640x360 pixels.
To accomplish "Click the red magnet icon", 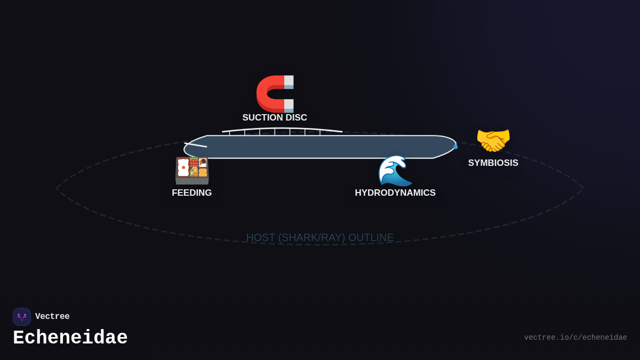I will click(274, 93).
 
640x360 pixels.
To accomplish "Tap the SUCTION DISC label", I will click(275, 118).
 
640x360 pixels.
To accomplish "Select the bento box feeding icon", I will click(192, 170).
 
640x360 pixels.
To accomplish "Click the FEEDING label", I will click(192, 193).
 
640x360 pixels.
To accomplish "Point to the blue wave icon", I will click(395, 170).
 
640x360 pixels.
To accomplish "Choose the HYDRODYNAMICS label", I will click(395, 193).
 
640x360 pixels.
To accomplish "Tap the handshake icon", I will click(493, 140).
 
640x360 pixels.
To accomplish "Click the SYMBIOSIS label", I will click(493, 163).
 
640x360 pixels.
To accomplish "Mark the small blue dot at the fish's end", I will click(455, 147).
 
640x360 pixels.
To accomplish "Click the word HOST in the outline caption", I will click(260, 238).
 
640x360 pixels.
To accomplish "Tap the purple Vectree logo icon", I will click(22, 317).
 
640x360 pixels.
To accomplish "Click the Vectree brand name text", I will click(52, 317).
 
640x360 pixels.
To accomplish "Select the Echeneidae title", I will click(70, 338).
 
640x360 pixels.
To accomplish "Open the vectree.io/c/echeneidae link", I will click(575, 338).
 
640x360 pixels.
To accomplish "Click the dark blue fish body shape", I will click(320, 147).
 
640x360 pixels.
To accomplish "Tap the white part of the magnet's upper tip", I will click(289, 80).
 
